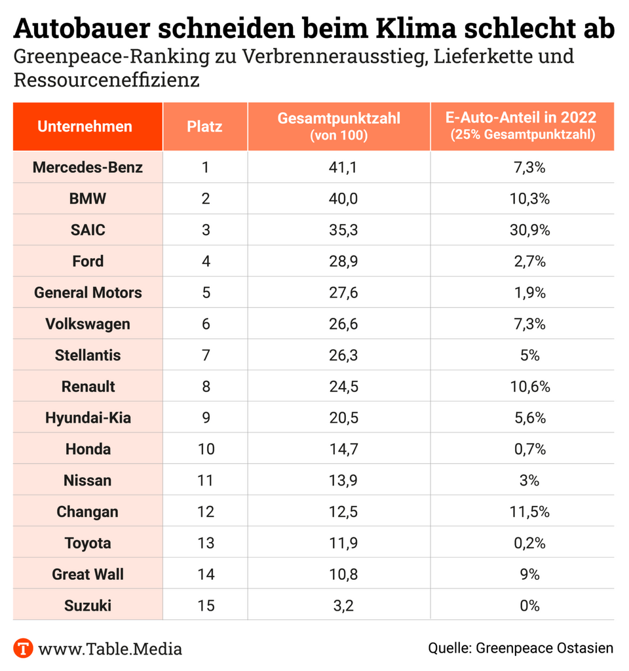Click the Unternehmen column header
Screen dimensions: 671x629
pos(85,126)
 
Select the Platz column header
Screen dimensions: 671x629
pos(204,126)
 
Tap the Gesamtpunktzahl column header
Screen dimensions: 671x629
pos(339,119)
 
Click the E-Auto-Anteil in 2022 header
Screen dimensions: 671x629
pos(521,118)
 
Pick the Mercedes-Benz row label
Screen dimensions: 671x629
pos(88,167)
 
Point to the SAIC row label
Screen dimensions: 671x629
pos(88,230)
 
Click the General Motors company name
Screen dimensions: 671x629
pos(88,292)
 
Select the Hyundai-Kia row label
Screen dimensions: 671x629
pos(88,417)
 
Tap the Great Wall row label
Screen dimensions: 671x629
pos(88,574)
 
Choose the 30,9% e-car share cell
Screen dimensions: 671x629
pos(529,230)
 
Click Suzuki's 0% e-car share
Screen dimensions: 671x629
pos(529,605)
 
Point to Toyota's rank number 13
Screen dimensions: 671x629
pos(205,543)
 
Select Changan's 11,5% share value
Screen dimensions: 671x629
pos(529,512)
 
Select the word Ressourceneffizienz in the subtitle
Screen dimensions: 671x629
pos(106,81)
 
